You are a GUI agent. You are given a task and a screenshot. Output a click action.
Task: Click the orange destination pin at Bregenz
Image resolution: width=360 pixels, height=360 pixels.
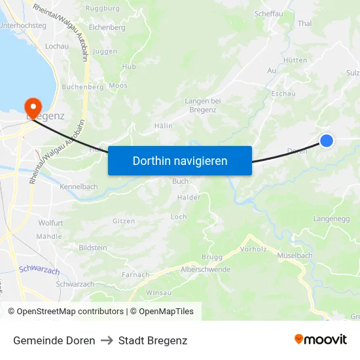coord(31,106)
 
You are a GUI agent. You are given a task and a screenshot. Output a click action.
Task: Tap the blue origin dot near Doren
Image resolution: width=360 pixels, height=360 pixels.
coord(326,140)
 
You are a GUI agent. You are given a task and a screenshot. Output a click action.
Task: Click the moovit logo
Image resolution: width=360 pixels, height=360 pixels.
coord(321,340)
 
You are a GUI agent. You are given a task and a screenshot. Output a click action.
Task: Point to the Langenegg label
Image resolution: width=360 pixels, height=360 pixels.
coord(332,219)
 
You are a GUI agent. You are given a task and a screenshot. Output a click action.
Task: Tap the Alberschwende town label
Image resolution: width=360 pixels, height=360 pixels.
coord(205,270)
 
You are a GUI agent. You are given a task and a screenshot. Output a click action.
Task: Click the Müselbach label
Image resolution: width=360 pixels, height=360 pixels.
coord(295,255)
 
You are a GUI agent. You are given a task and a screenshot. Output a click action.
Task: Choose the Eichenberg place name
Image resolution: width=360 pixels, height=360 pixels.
coord(107,27)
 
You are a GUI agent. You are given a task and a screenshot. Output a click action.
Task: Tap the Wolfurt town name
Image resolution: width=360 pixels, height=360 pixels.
coord(50,223)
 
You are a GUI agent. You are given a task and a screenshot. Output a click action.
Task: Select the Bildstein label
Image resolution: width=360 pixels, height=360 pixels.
coord(92,248)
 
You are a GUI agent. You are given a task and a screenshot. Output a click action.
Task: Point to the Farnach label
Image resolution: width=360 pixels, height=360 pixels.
coord(135,275)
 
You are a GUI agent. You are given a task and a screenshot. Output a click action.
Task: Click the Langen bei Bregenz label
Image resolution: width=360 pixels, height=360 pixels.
coord(203,105)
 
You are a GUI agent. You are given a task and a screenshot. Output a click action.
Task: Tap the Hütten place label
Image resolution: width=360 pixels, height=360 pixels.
coord(296,60)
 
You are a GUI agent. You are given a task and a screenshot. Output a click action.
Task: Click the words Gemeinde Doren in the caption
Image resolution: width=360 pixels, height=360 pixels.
coord(54,340)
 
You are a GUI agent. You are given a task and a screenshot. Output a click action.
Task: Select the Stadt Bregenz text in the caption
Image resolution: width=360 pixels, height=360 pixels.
coord(153,340)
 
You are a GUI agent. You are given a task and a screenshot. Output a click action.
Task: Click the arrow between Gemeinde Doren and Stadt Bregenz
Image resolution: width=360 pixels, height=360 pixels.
coord(107,340)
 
